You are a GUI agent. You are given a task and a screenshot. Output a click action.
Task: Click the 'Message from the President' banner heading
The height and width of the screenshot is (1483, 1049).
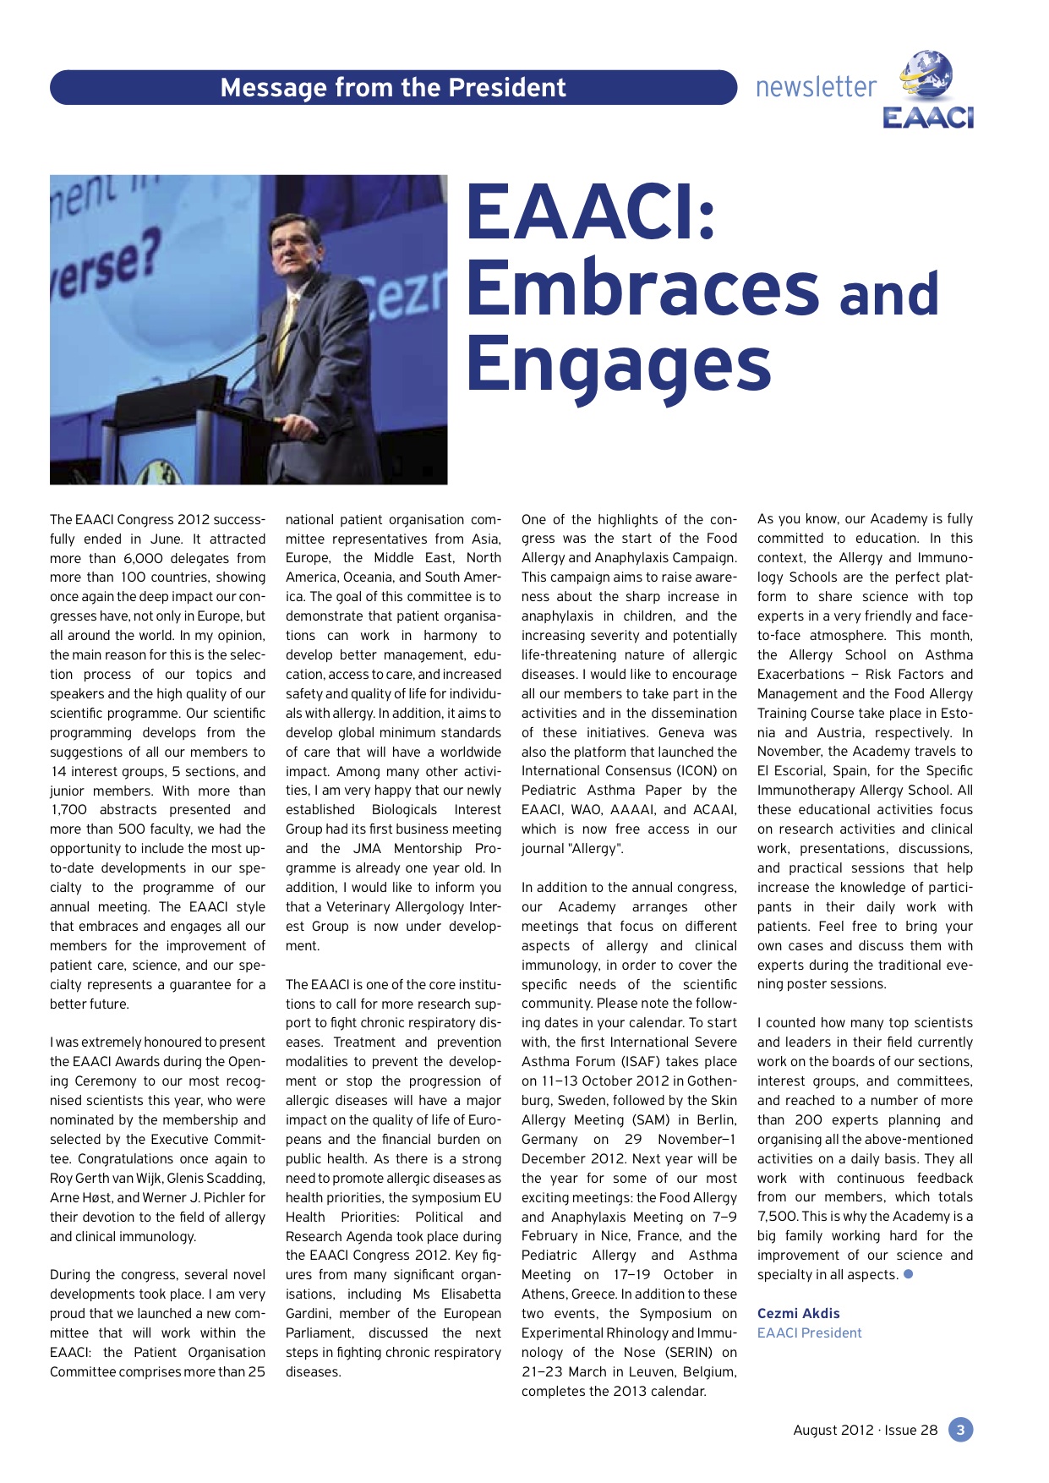[393, 88]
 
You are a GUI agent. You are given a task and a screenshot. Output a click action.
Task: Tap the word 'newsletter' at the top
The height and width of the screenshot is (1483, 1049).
[816, 87]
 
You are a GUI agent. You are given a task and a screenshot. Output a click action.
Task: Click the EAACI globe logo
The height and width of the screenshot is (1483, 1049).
[927, 89]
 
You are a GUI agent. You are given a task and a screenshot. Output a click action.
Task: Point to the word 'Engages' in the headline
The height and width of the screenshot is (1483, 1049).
[619, 364]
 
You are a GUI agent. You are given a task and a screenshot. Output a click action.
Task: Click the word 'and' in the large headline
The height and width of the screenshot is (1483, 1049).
[889, 294]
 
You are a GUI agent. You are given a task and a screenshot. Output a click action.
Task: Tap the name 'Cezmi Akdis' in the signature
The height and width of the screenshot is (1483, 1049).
[798, 1313]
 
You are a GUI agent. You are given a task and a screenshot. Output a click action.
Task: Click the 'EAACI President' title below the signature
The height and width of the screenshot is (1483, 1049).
[809, 1333]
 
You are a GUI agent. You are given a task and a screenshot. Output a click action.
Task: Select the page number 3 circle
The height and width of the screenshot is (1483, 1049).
[960, 1430]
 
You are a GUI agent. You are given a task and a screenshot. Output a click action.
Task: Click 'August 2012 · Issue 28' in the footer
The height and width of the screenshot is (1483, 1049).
[865, 1430]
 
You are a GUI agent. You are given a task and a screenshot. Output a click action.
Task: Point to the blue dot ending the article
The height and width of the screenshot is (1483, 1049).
[909, 1273]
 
